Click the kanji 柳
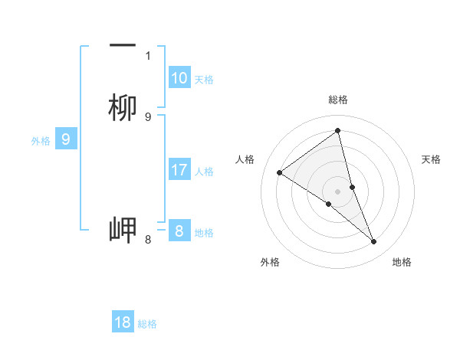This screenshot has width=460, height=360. click(123, 108)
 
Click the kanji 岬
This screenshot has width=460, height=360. click(123, 230)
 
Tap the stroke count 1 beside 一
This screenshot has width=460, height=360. click(148, 55)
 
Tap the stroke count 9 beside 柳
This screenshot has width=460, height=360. click(148, 116)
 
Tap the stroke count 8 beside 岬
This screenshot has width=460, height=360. click(148, 240)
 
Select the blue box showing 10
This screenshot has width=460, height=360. click(179, 78)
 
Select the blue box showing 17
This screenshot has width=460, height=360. click(179, 170)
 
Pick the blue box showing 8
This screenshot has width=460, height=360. click(179, 231)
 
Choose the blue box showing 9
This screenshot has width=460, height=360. click(66, 139)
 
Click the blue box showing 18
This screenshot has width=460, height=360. click(123, 322)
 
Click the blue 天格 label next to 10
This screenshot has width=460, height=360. click(204, 79)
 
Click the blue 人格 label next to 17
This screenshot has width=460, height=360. click(204, 171)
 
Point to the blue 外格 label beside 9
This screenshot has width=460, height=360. click(41, 140)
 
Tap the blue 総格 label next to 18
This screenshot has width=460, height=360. click(147, 323)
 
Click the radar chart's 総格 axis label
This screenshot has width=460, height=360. click(338, 100)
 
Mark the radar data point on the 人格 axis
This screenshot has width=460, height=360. click(279, 172)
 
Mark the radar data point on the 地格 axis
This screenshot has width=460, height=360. click(374, 242)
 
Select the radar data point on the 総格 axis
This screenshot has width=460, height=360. click(338, 131)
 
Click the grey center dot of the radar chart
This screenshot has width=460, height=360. click(338, 191)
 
